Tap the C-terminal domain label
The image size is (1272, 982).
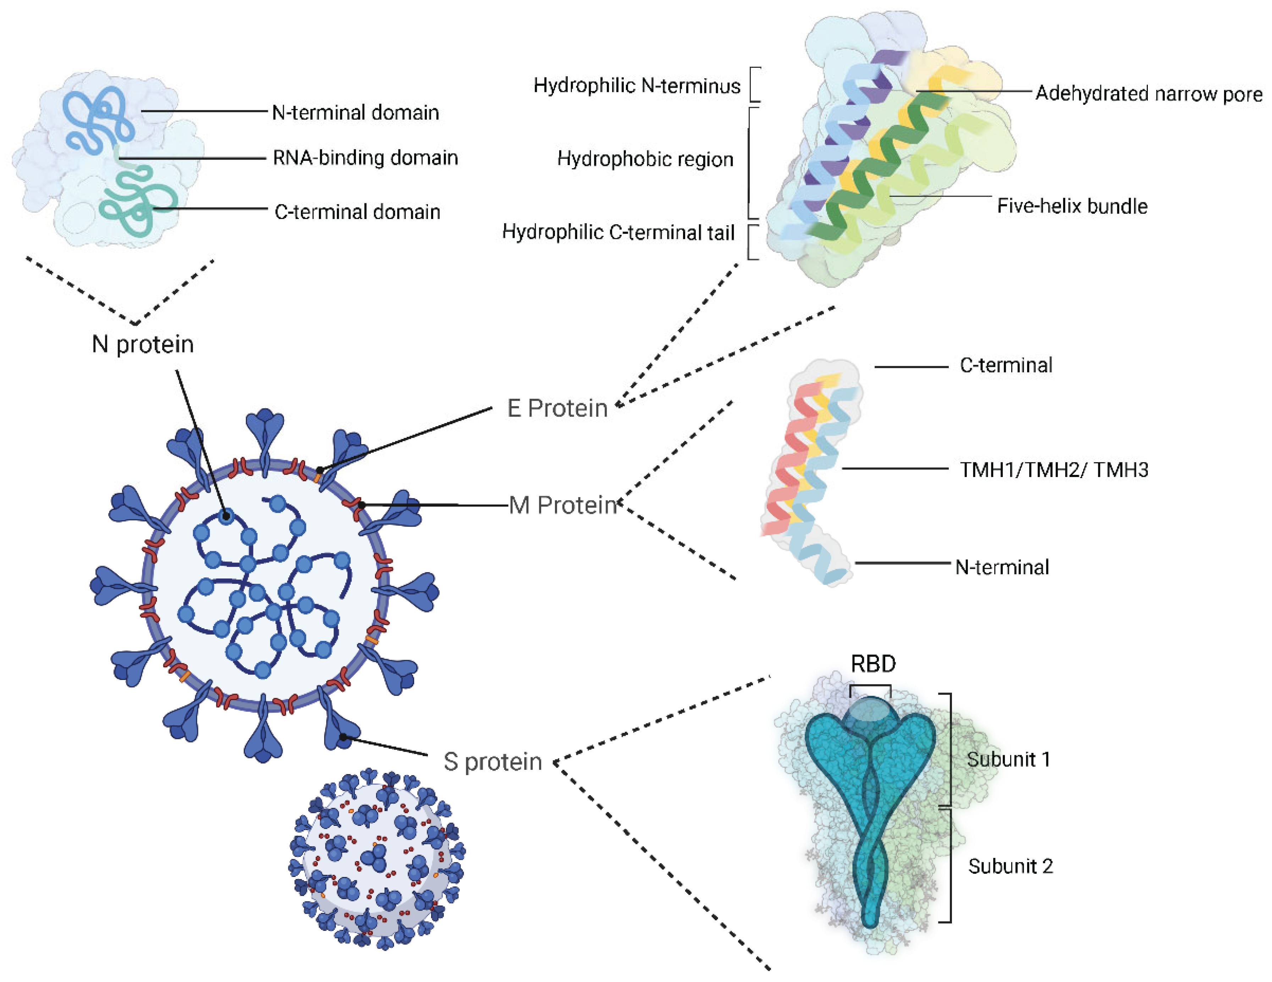[x=357, y=212]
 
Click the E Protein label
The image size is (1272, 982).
[x=557, y=408]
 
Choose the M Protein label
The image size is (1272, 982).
[x=563, y=505]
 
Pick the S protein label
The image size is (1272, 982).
[x=493, y=761]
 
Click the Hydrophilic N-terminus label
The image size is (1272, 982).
[x=637, y=86]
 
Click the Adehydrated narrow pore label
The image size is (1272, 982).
[x=1149, y=93]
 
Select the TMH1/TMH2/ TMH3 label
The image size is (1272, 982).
[x=1053, y=470]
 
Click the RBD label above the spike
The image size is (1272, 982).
[x=873, y=663]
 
